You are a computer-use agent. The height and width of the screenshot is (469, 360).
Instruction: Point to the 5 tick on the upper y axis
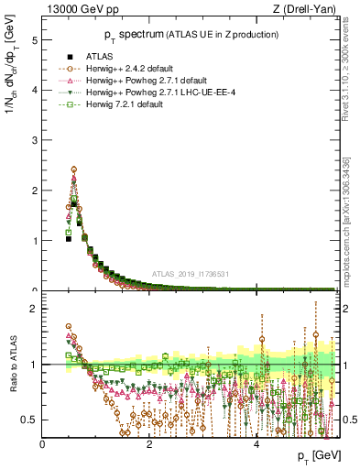click(x=35, y=41)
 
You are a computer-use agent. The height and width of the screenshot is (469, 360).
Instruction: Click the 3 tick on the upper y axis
click(x=35, y=141)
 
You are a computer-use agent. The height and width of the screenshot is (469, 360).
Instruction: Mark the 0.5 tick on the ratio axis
click(x=31, y=420)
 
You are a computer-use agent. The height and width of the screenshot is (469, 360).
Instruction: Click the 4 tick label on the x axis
click(x=256, y=443)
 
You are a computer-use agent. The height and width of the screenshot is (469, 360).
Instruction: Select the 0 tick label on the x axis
click(x=43, y=443)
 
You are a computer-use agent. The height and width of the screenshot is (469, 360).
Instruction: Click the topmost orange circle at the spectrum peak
click(x=73, y=169)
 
